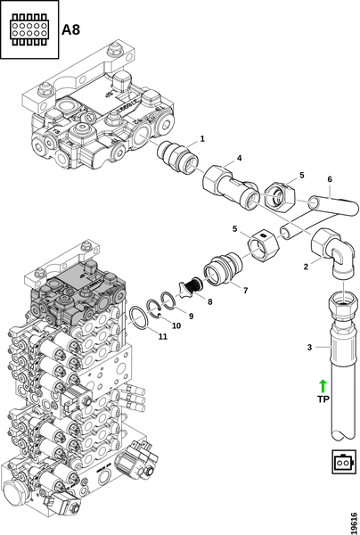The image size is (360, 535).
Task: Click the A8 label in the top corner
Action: coord(70,29)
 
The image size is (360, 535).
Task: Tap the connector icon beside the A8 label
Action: coord(29,29)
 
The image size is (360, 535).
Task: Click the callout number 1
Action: coord(202,139)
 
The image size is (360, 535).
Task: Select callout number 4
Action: coord(240,158)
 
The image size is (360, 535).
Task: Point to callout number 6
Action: coord(330,179)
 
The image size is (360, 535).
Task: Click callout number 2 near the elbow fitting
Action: coord(306,267)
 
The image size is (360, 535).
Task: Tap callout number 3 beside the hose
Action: coord(309,348)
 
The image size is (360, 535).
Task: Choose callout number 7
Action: coord(245,291)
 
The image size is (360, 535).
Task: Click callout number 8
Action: coord(210,301)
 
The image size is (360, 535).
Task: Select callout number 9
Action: coord(191,317)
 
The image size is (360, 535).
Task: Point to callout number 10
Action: coord(176,325)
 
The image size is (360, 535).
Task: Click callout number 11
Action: coord(163,337)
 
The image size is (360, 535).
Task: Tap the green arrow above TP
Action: coord(323,386)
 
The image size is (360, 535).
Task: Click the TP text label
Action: coord(323,399)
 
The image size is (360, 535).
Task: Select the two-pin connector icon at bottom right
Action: coord(341,462)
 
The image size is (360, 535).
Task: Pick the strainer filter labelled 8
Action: coord(190,286)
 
